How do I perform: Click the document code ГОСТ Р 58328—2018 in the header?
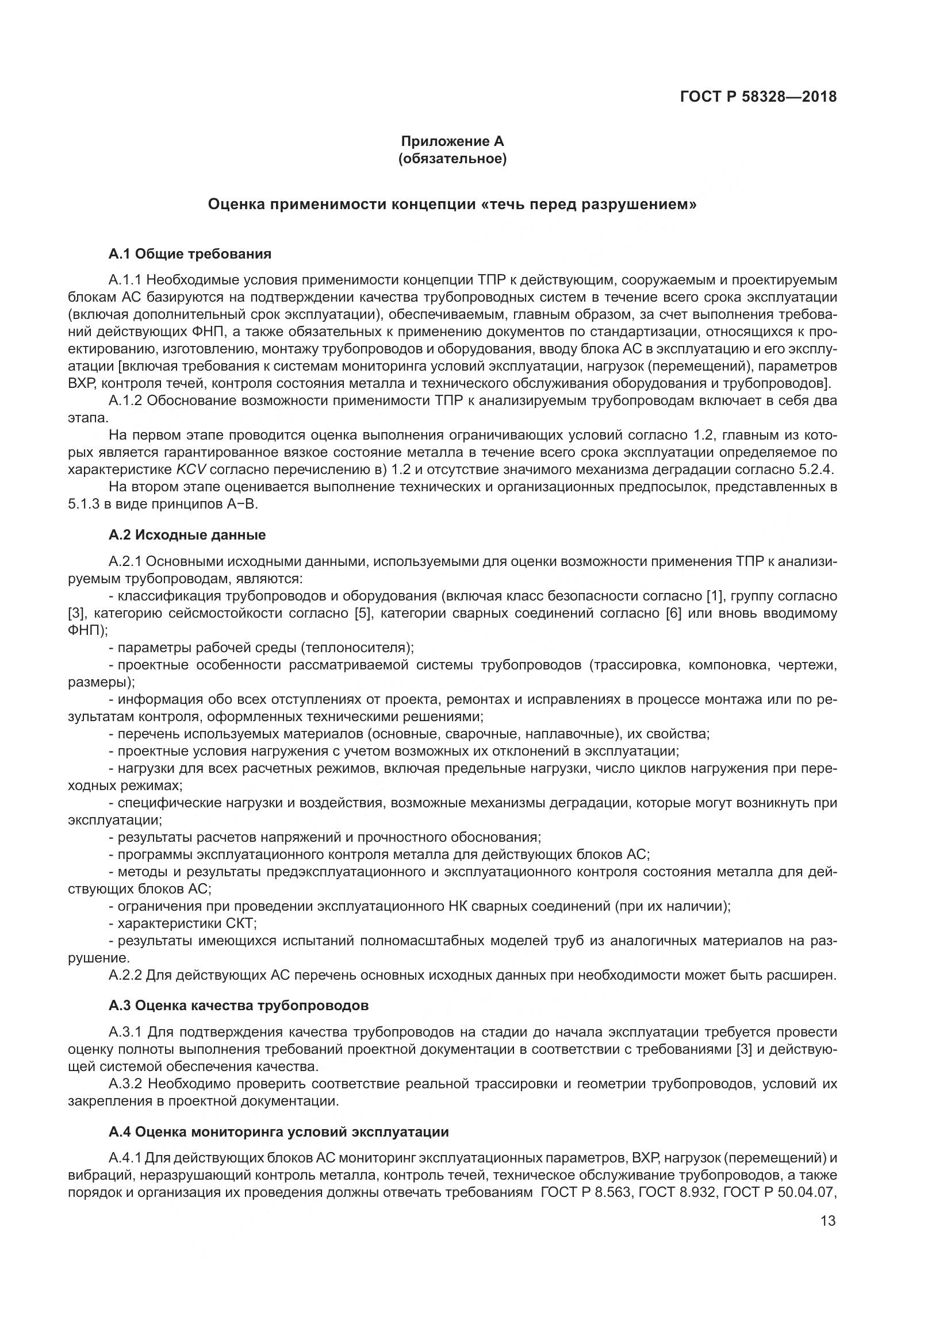[x=758, y=97]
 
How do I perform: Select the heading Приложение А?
[x=452, y=141]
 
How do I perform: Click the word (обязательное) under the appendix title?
[x=452, y=159]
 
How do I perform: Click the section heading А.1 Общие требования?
[x=190, y=253]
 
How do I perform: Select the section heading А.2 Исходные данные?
[x=187, y=534]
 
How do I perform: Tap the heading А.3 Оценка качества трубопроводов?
[x=239, y=1006]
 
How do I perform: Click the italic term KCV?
[x=188, y=469]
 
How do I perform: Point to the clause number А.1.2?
[x=125, y=401]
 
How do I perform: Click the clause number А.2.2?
[x=125, y=975]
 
